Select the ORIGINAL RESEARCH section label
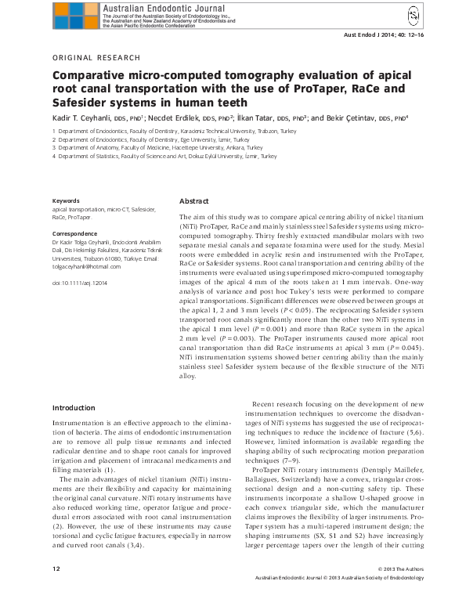[96, 58]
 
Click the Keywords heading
[65, 201]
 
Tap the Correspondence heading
[74, 234]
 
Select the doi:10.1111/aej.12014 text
[79, 281]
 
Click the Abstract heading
[194, 201]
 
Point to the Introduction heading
[74, 408]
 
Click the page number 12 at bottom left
[56, 589]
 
